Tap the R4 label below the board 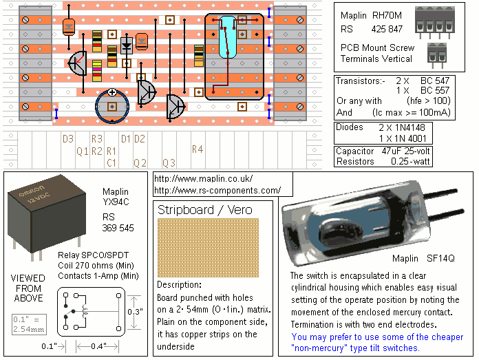coord(198,149)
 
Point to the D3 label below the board coord(67,139)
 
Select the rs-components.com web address coord(217,190)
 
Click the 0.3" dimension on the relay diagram coord(134,312)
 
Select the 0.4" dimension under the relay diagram coord(99,346)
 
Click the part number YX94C coord(116,202)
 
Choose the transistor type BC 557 coord(436,91)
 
